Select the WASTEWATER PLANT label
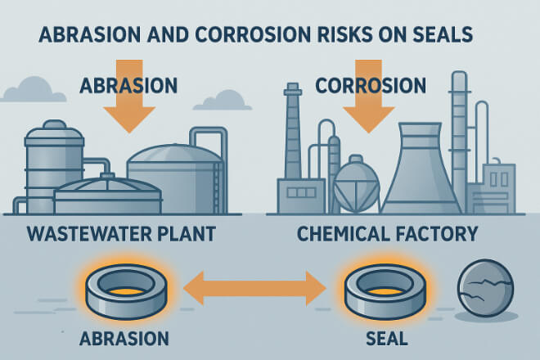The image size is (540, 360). point(121,233)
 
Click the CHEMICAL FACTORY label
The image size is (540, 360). point(388,233)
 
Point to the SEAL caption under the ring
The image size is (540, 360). point(387,339)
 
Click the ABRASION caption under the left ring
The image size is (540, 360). point(124,339)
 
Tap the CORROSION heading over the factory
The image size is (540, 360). point(371,85)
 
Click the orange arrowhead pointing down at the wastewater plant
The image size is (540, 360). point(129,119)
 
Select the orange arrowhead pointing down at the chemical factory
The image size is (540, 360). point(368,119)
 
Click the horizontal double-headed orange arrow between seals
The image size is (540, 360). point(254,288)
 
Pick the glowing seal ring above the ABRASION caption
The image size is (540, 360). point(126,291)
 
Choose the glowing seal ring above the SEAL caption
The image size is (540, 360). point(385,291)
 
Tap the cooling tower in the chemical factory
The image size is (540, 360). point(420,169)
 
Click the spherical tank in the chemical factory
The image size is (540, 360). point(356,184)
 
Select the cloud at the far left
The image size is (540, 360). point(34,90)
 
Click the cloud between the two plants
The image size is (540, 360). point(223,101)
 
